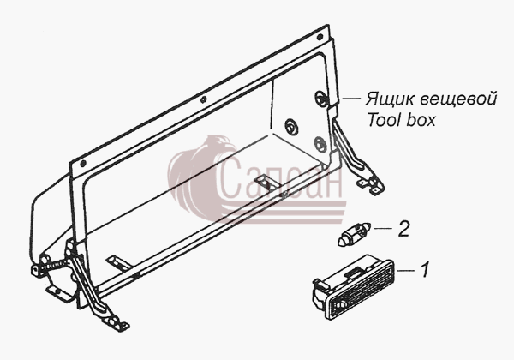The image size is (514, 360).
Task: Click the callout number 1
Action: tap(425, 269)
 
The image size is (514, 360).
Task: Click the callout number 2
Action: tap(403, 229)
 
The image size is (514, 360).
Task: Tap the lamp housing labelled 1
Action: tap(353, 286)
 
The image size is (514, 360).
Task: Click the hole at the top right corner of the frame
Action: tap(320, 37)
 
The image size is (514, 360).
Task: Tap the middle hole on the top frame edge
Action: tap(203, 99)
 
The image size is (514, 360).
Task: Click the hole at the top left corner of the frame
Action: tap(83, 163)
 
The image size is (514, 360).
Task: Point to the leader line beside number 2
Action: tap(383, 228)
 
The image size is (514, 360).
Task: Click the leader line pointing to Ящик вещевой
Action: tap(351, 98)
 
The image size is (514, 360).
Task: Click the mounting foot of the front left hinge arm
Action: tap(116, 322)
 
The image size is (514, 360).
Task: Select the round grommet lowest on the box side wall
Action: tap(319, 144)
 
